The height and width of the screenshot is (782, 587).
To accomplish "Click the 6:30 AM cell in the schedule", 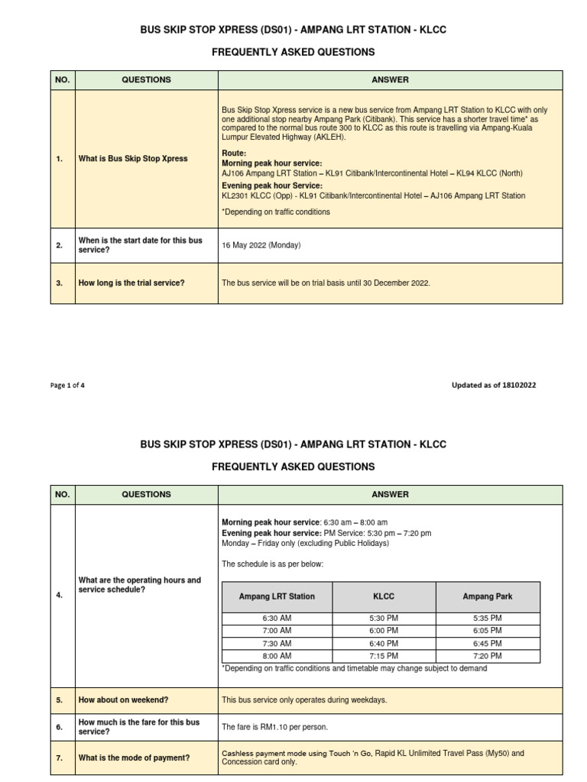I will pos(276,618).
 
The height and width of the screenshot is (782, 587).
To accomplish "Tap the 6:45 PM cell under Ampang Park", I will pos(488,643).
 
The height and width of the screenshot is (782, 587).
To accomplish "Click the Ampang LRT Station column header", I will pos(276,596).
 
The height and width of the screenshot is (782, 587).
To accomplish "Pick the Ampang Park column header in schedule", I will pos(488,596).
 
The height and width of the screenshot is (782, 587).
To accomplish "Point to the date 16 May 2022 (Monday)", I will pos(261,245).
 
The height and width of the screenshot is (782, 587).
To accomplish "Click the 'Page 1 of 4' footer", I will pos(67,386).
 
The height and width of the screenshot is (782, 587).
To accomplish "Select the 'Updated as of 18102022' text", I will pos(494,386).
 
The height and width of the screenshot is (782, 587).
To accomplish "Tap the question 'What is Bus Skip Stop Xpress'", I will pos(133,159).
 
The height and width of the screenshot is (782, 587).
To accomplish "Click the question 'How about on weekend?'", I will pos(123,700).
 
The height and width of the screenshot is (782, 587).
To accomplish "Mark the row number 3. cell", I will pos(60,283).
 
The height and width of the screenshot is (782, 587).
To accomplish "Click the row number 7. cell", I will pos(60,758).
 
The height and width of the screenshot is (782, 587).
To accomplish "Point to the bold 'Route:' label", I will pos(234,153).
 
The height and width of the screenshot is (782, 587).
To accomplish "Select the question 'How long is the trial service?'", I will pos(131,283).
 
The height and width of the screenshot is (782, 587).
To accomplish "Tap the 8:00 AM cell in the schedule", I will pos(276,656).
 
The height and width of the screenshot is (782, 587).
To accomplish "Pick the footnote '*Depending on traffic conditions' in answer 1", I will pos(276,212).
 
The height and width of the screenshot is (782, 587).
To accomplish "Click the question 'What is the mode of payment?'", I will pos(135,758).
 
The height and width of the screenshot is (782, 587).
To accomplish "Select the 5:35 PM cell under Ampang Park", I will pos(488,618).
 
